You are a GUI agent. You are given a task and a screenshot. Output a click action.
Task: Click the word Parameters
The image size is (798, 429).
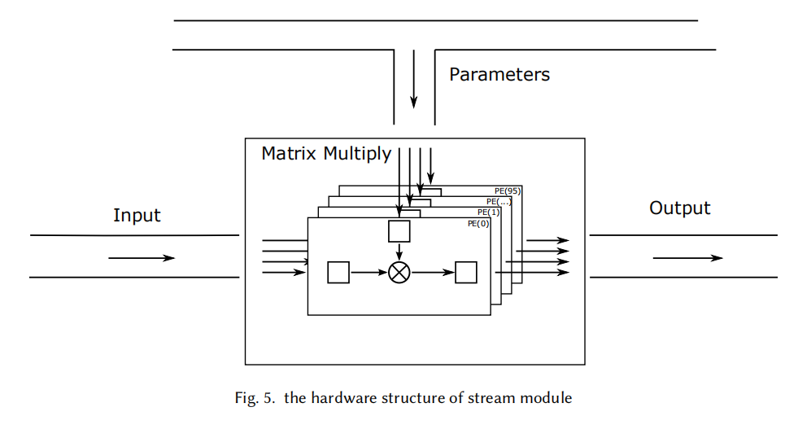[x=499, y=75]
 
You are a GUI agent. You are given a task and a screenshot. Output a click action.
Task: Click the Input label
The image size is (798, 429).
[x=137, y=216]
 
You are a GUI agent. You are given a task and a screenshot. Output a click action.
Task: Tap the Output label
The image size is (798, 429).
[x=679, y=208]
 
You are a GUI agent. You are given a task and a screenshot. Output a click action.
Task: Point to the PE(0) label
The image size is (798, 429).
[x=478, y=223]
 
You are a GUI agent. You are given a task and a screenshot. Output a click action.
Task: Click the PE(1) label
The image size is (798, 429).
[x=489, y=212]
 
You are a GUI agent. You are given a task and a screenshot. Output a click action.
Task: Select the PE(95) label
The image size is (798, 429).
[x=508, y=190]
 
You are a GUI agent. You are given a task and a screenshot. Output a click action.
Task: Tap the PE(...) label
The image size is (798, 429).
[x=499, y=201]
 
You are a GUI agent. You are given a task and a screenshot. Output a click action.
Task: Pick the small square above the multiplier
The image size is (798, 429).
[x=399, y=231]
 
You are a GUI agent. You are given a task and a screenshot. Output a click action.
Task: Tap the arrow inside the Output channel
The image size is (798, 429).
[x=687, y=258]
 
